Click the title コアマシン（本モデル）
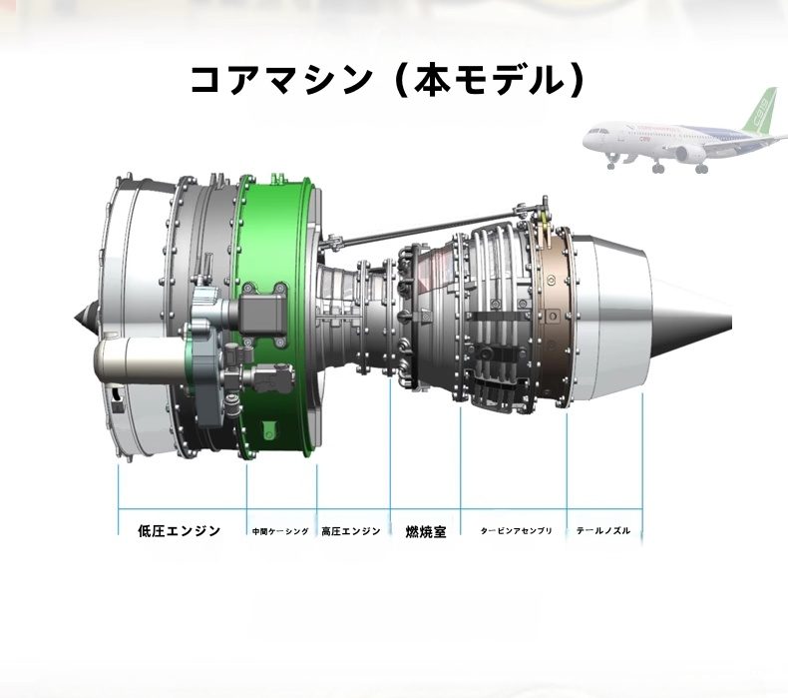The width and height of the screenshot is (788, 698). pos(388,81)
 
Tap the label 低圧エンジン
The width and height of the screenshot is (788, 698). pos(180,531)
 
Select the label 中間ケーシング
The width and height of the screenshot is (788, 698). pos(280,531)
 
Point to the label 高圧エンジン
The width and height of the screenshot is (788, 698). pos(351,531)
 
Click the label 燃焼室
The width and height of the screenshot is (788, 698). pos(426,531)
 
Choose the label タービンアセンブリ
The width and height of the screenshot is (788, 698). pos(516,531)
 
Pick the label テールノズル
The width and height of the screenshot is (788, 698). pos(603,531)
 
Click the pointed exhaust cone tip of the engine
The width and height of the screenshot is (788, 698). pos(731,321)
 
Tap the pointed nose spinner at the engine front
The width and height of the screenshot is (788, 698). pos(76,318)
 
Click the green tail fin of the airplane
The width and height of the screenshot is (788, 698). pos(761,109)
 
